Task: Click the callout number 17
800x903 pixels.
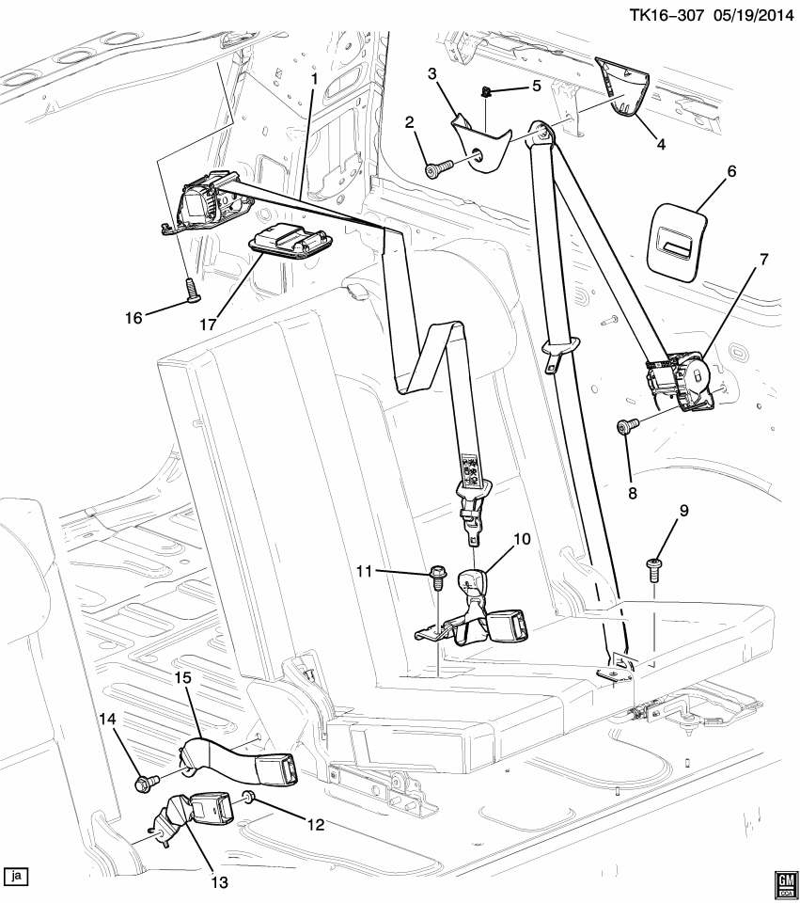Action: click(x=208, y=325)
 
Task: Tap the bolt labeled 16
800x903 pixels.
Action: click(x=191, y=288)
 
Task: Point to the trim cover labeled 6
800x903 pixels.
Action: click(x=677, y=241)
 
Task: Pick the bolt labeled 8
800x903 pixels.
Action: click(x=628, y=426)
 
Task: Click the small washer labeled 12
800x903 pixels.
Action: click(x=249, y=797)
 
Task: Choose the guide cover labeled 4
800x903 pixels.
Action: click(x=622, y=87)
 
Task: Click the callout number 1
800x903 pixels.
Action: click(x=314, y=78)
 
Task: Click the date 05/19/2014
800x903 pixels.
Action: click(x=753, y=14)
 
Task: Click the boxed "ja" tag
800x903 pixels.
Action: click(x=16, y=876)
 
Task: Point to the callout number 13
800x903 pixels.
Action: click(x=219, y=881)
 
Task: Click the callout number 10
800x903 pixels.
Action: click(x=522, y=539)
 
